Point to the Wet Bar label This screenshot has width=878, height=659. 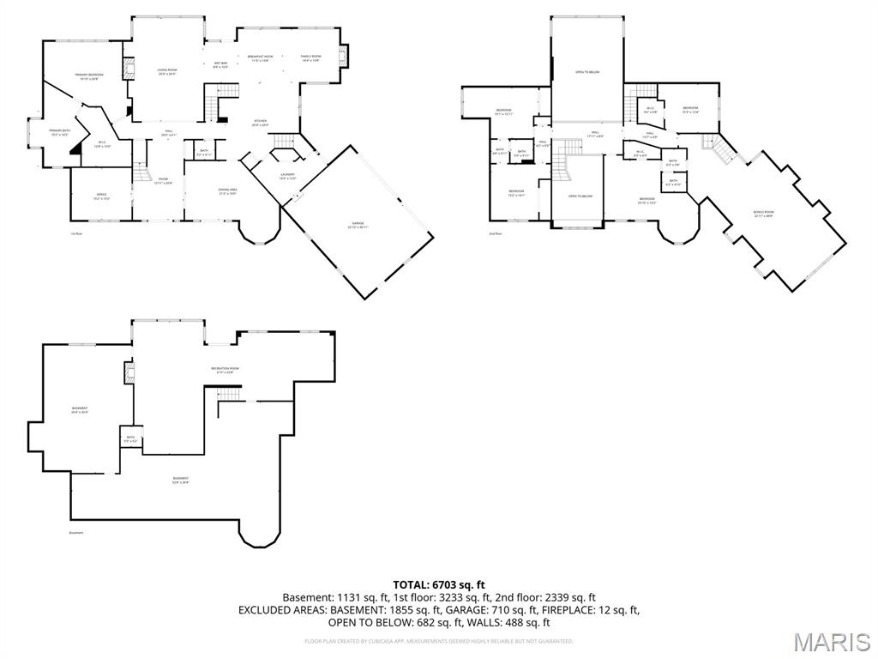pyautogui.click(x=221, y=64)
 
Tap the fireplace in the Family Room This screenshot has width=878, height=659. pyautogui.click(x=343, y=57)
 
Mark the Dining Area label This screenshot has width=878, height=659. pyautogui.click(x=228, y=191)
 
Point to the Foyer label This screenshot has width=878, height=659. pyautogui.click(x=163, y=181)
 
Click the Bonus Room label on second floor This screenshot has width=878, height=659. pyautogui.click(x=763, y=214)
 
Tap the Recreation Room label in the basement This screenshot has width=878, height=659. pyautogui.click(x=226, y=370)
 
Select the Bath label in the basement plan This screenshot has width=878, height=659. pyautogui.click(x=129, y=438)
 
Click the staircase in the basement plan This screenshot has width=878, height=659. pyautogui.click(x=227, y=394)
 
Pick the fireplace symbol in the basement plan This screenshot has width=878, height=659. pyautogui.click(x=130, y=372)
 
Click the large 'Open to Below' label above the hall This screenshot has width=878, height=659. pyautogui.click(x=586, y=72)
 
